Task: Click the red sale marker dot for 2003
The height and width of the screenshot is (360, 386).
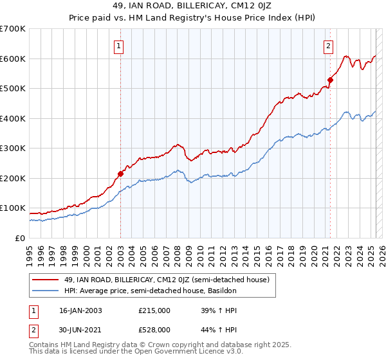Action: click(120, 174)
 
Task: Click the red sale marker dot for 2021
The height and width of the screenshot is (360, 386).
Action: click(330, 80)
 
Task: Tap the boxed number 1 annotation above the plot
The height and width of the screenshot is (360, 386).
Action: click(120, 46)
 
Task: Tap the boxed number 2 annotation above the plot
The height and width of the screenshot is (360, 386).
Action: click(329, 46)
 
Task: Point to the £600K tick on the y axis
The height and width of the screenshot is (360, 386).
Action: click(13, 59)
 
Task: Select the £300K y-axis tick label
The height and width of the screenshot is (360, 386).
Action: click(13, 148)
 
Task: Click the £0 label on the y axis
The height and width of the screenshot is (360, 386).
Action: click(20, 238)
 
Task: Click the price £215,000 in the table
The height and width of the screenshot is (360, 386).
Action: click(154, 310)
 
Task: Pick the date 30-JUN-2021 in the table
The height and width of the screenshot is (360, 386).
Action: click(81, 330)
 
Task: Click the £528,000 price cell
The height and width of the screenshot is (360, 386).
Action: click(154, 330)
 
